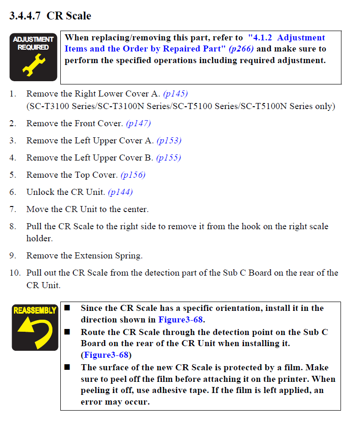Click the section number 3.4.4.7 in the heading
coord(25,16)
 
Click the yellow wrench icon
coord(33,65)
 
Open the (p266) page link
coord(241,49)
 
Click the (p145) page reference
coord(175,94)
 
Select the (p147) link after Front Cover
coord(138,123)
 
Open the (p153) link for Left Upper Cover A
coord(169,141)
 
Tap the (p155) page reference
coord(168,158)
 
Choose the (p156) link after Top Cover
coord(133,175)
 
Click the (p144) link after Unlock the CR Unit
coord(120,192)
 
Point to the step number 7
coord(13,209)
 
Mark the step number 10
coord(15,273)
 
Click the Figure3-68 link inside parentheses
coord(106,355)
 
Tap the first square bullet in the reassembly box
coord(67,308)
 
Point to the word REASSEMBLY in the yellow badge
coord(35,310)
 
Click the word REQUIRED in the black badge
coord(33,47)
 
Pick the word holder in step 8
coord(39,238)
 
